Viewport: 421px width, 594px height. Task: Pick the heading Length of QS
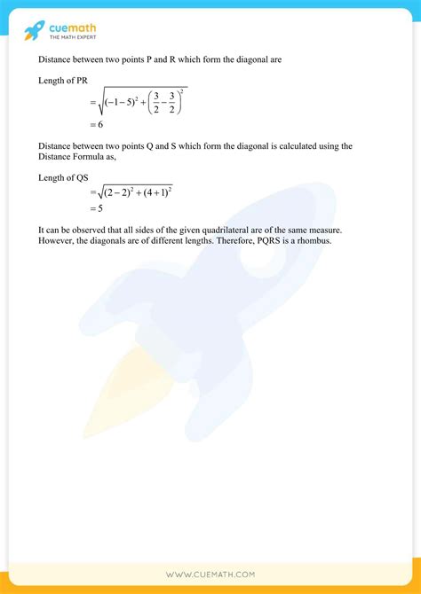point(64,177)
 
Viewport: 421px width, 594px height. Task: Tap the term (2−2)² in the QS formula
point(120,192)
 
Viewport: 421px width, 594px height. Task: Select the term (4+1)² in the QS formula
point(155,192)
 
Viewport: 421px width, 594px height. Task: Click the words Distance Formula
point(74,157)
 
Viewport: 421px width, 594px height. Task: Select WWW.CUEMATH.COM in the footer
point(210,574)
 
